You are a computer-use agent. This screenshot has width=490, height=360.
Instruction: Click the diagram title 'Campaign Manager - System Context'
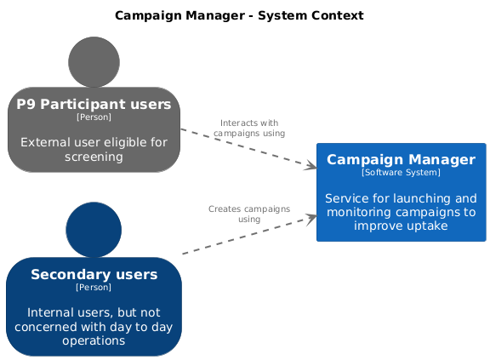tap(239, 15)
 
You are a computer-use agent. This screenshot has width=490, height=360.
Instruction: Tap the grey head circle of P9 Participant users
tap(94, 62)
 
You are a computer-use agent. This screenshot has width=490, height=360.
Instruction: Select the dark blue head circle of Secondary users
tap(94, 230)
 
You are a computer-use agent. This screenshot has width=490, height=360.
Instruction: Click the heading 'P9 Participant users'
tap(94, 104)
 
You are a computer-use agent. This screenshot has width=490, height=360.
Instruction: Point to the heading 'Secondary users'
tap(94, 274)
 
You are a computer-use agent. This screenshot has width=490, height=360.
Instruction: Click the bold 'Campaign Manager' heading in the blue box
tap(401, 160)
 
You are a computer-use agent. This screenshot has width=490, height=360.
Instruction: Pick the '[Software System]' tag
tap(401, 173)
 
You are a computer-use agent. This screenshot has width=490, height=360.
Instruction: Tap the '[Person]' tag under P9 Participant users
tap(94, 117)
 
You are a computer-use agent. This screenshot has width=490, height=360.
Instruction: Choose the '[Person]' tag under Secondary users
tap(94, 287)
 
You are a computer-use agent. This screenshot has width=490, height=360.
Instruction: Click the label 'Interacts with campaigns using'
tap(249, 129)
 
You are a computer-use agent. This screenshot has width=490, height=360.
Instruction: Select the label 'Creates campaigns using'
tap(249, 214)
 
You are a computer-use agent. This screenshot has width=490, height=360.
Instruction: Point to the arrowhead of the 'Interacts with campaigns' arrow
tap(311, 166)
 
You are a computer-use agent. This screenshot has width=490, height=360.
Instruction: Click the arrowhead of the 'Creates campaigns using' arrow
tap(311, 218)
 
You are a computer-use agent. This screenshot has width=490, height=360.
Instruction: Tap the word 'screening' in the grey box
tap(94, 157)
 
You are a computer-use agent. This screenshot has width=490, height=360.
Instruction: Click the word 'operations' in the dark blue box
tap(94, 340)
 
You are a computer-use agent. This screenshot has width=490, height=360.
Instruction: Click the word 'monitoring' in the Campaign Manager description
tap(359, 212)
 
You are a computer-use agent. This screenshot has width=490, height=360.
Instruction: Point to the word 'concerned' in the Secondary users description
tap(46, 327)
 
